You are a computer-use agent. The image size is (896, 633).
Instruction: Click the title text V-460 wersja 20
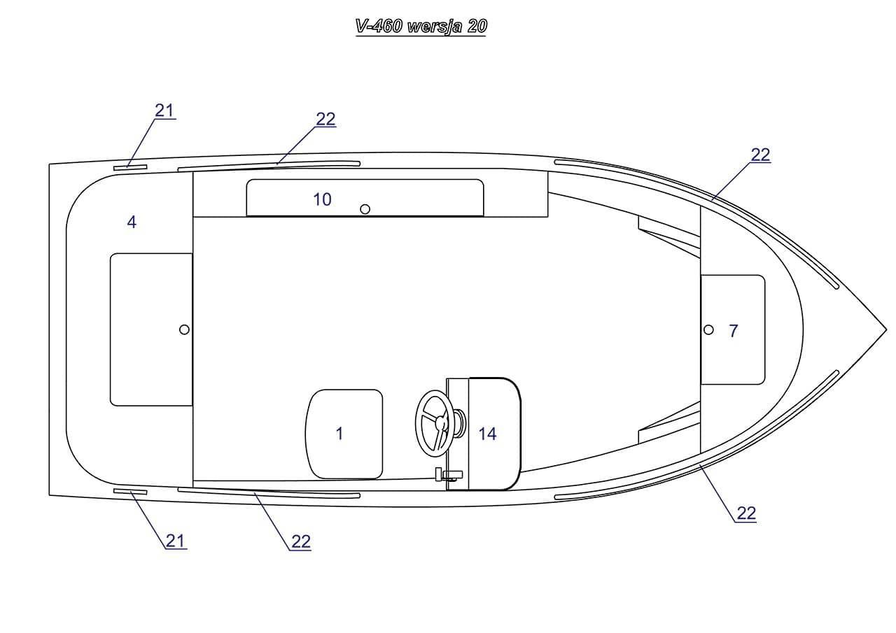(x=421, y=27)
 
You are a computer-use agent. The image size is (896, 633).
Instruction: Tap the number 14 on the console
(x=488, y=434)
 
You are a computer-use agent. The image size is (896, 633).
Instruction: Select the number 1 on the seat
(x=339, y=434)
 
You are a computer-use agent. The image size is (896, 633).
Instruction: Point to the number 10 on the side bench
(x=322, y=199)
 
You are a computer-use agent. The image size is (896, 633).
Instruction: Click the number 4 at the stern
(x=132, y=222)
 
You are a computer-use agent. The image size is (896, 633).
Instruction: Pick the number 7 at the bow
(x=733, y=331)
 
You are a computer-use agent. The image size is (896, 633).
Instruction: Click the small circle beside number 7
(x=708, y=329)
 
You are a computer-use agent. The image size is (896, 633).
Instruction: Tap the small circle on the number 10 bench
(x=365, y=209)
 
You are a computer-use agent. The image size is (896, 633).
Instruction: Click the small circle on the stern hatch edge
(x=184, y=329)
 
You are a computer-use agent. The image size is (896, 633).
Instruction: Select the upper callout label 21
(x=164, y=111)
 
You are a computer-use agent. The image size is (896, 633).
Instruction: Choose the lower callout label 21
(x=176, y=541)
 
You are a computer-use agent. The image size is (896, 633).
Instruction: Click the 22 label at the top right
(x=760, y=155)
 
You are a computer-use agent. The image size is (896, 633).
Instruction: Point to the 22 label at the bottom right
(x=746, y=513)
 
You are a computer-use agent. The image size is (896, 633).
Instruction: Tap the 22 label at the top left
(x=325, y=119)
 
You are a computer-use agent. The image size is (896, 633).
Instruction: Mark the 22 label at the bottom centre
(x=301, y=542)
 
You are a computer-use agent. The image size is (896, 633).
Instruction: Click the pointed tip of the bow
(x=886, y=330)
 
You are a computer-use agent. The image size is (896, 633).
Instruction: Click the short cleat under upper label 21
(x=130, y=168)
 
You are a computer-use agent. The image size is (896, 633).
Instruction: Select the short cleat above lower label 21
(x=130, y=492)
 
